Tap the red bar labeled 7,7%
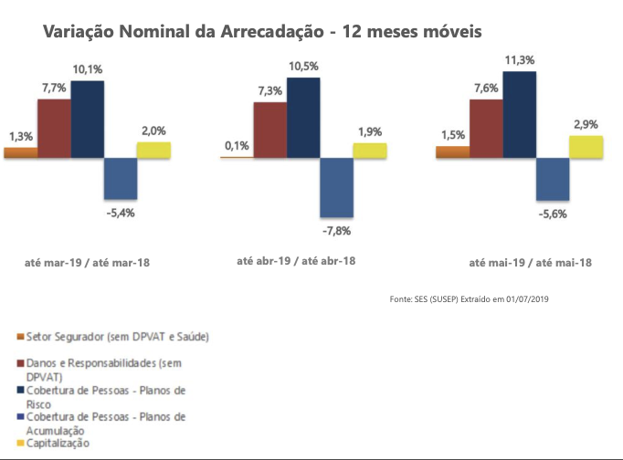point(54,128)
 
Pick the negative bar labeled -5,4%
point(121,179)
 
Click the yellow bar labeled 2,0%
point(153,150)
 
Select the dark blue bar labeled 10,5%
point(303,117)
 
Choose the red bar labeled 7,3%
point(270,130)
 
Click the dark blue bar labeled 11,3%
point(519,114)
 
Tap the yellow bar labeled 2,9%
point(586,146)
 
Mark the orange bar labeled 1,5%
point(452,152)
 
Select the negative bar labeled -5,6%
point(552,179)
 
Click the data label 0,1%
point(236,145)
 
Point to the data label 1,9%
point(369,131)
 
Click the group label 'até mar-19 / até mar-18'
point(87,262)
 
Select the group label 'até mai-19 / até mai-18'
point(530,262)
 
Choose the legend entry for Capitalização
point(60,443)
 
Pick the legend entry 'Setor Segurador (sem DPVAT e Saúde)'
point(119,337)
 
